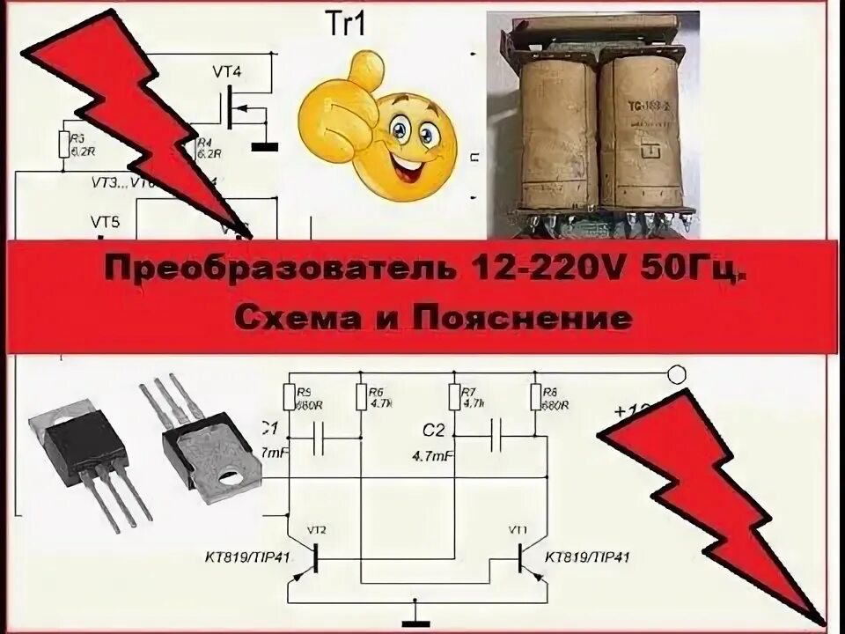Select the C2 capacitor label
click(431, 431)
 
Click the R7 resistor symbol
click(454, 397)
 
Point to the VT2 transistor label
click(317, 529)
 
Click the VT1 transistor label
click(519, 529)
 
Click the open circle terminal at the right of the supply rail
click(676, 373)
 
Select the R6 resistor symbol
click(362, 397)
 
